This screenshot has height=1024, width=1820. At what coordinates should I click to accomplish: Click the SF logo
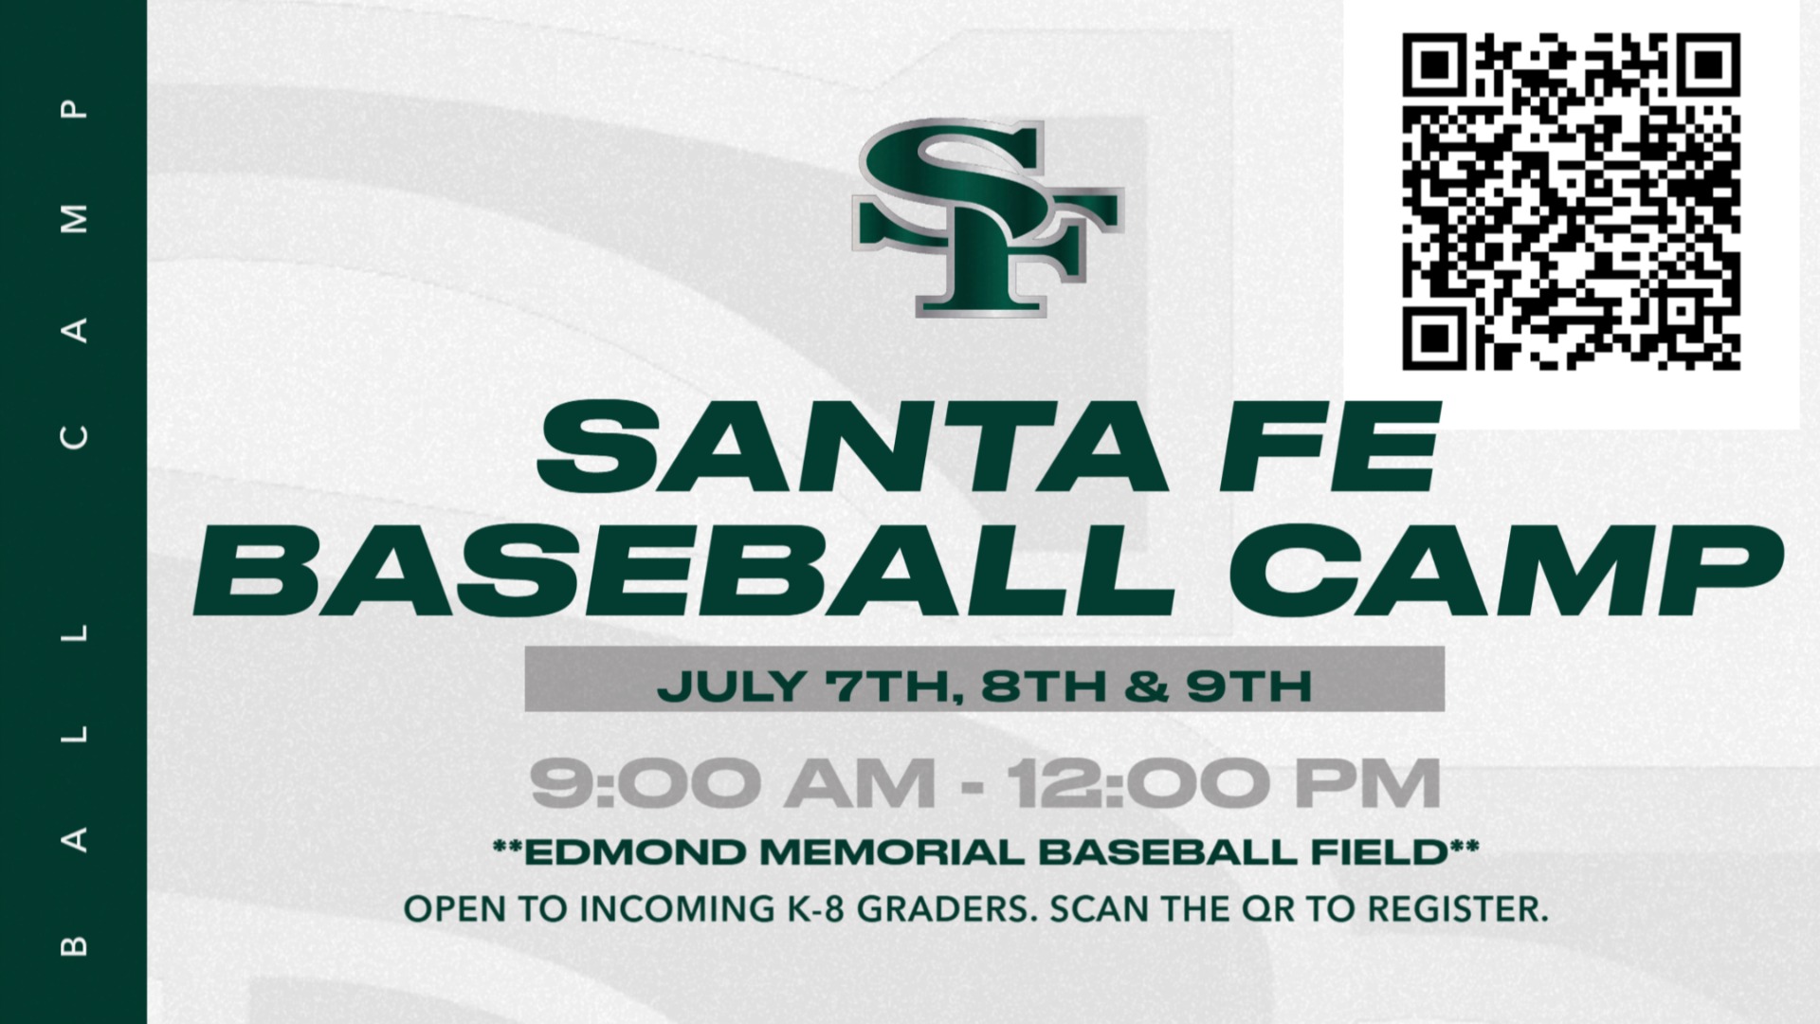(x=987, y=218)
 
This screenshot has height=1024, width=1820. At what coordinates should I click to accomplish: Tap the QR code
(x=1571, y=201)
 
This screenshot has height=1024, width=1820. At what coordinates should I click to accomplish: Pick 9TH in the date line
(x=1249, y=685)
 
